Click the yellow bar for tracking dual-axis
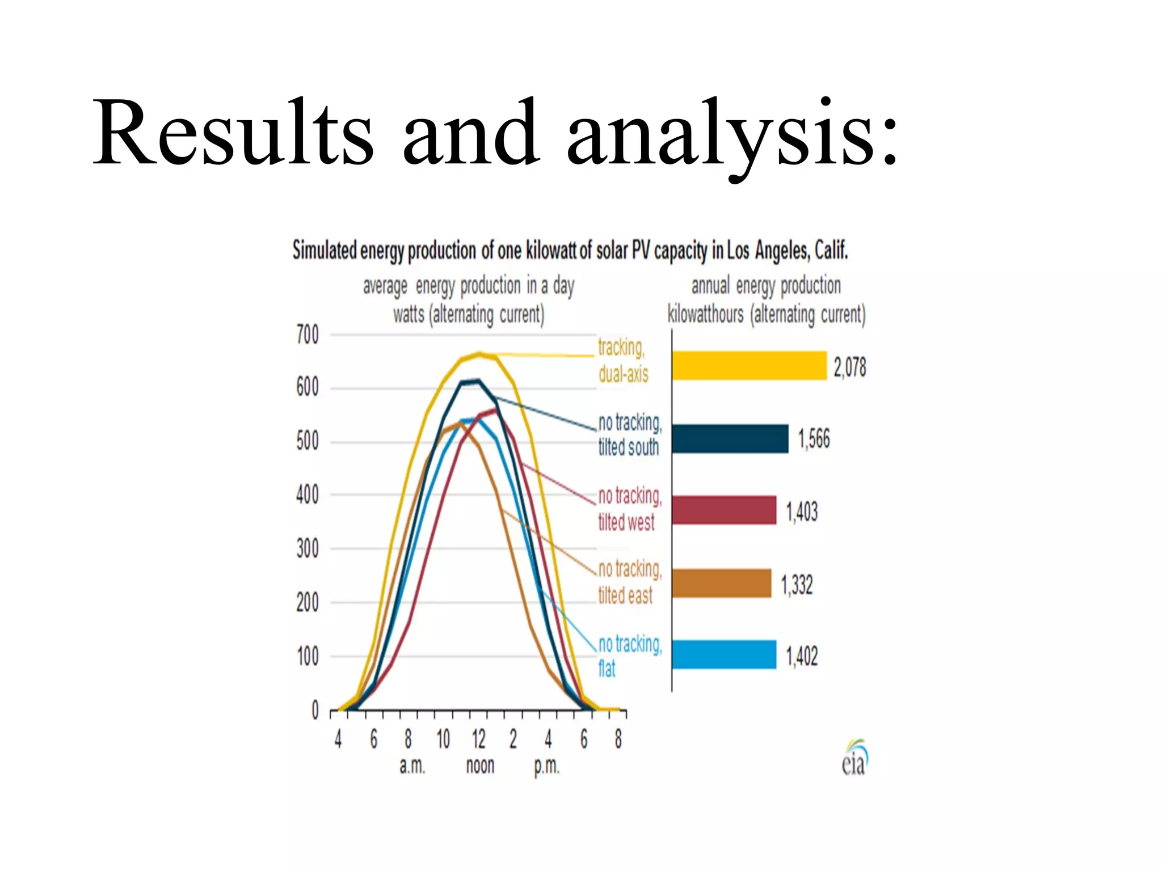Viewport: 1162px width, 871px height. point(749,366)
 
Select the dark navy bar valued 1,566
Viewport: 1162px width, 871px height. point(730,438)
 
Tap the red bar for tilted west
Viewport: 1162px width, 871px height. point(724,510)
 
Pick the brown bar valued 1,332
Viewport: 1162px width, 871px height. point(722,584)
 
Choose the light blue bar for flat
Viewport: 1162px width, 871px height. point(724,655)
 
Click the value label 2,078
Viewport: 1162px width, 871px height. point(849,367)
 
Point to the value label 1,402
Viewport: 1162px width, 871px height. point(802,657)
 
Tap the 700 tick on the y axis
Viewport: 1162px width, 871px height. point(308,335)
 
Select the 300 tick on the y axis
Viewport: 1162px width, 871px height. point(308,549)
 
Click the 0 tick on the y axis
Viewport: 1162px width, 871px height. point(315,710)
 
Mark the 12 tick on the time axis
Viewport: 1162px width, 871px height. point(478,739)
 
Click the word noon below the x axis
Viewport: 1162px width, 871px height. point(480,766)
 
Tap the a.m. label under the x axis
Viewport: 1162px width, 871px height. point(412,766)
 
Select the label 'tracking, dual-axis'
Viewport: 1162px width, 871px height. point(622,361)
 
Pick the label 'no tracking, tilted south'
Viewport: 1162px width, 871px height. point(629,435)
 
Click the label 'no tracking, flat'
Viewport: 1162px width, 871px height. point(629,656)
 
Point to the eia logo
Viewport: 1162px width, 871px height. point(854,758)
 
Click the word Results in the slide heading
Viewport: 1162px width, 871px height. point(233,133)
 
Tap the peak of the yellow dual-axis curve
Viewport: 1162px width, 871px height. point(480,354)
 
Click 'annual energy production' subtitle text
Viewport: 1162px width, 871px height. point(765,286)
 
